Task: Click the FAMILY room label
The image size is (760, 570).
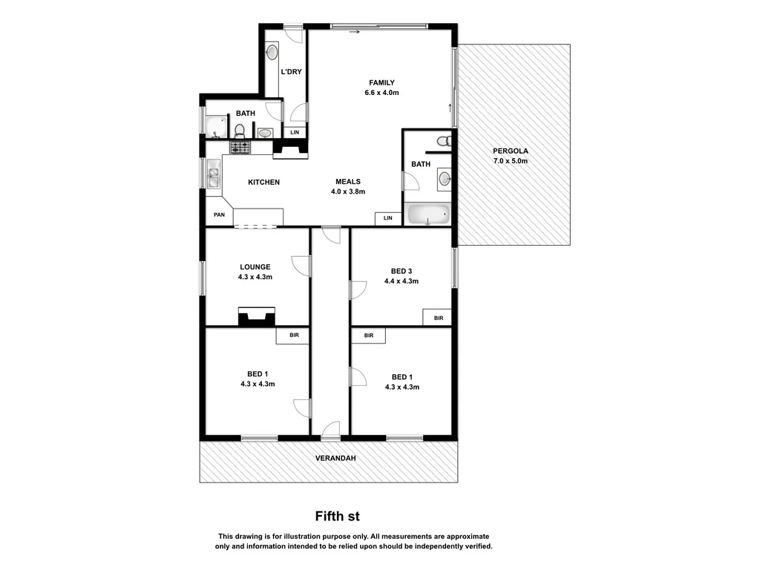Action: pos(382,82)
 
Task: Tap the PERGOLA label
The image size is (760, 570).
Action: pos(510,151)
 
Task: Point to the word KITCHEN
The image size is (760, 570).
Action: pos(263,182)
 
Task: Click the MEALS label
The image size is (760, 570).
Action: pos(347,181)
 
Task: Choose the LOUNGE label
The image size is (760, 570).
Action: pos(255,267)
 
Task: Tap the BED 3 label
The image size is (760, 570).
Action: pos(401,271)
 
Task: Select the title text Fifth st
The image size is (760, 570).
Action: pos(338,515)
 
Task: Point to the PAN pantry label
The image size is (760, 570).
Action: pos(219,215)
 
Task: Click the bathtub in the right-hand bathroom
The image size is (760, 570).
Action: pos(429,215)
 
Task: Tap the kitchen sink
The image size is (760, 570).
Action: pos(214,177)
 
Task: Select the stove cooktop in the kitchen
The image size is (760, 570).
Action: pos(240,147)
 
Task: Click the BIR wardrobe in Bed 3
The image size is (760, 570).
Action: pos(438,318)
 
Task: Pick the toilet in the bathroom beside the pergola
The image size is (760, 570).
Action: pos(443,140)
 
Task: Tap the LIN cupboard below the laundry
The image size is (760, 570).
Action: pos(295,132)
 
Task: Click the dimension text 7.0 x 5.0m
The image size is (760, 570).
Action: pos(510,161)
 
